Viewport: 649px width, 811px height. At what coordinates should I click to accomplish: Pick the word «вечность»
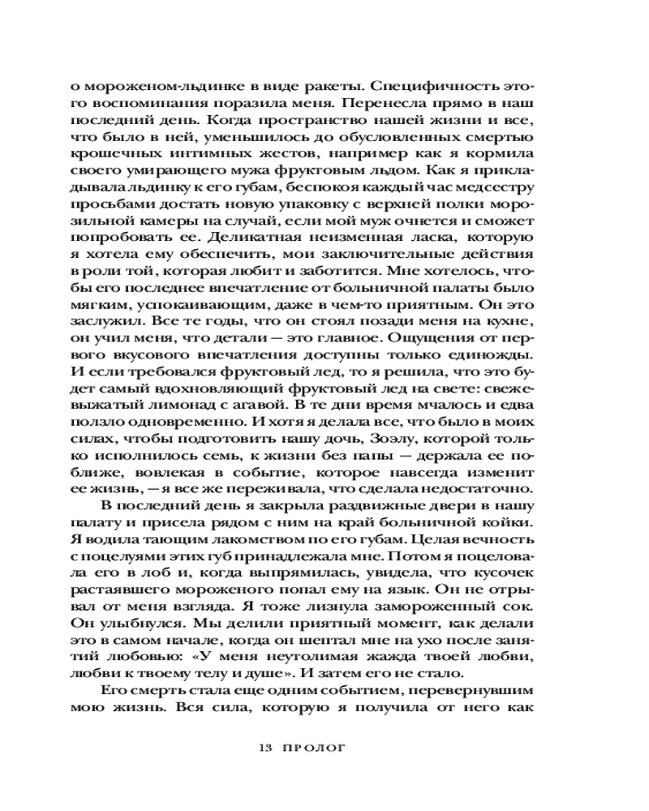tap(498, 547)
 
